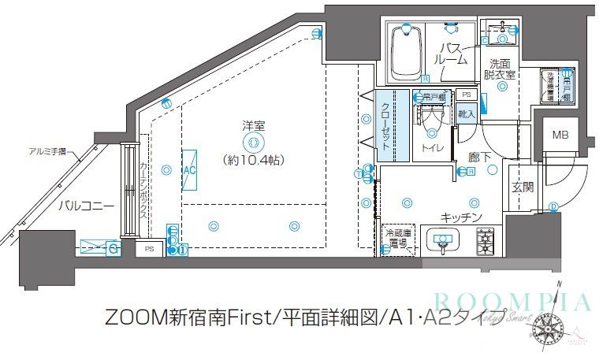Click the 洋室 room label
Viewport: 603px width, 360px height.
[253, 124]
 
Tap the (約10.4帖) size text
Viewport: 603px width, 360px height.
[253, 159]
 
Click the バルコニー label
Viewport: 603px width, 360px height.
[87, 206]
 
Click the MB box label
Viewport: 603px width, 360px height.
[559, 135]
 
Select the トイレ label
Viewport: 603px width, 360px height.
[431, 147]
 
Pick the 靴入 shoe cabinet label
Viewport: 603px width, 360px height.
[466, 114]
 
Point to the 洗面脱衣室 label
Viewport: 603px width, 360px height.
[501, 69]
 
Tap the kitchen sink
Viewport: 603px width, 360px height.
[441, 239]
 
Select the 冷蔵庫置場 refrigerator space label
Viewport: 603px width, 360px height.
[396, 239]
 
